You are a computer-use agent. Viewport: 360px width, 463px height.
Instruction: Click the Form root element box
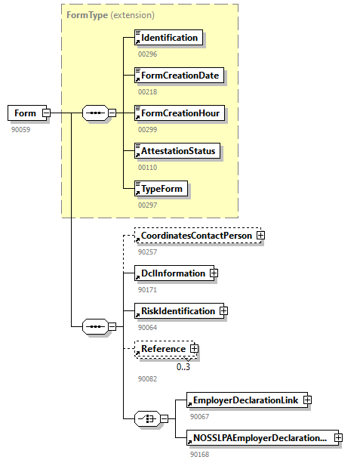(25, 113)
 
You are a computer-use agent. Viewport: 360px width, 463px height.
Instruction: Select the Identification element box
(168, 38)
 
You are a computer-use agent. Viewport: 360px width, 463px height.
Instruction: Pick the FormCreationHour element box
(179, 113)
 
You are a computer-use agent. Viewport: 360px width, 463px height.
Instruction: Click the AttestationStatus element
(177, 151)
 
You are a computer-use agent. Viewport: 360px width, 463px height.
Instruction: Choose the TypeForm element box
(161, 188)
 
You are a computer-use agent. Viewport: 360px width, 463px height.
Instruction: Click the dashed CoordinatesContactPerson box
(194, 236)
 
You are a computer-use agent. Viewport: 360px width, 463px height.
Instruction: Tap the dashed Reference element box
(162, 349)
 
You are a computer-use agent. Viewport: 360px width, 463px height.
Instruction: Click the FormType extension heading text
(110, 14)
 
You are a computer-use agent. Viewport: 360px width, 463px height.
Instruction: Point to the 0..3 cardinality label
(183, 367)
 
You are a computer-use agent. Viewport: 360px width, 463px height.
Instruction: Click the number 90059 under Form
(20, 129)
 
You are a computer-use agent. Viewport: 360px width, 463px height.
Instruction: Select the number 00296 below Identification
(147, 54)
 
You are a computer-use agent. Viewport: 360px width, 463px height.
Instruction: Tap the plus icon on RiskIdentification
(223, 310)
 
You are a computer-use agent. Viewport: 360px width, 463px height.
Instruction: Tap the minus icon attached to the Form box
(46, 113)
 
